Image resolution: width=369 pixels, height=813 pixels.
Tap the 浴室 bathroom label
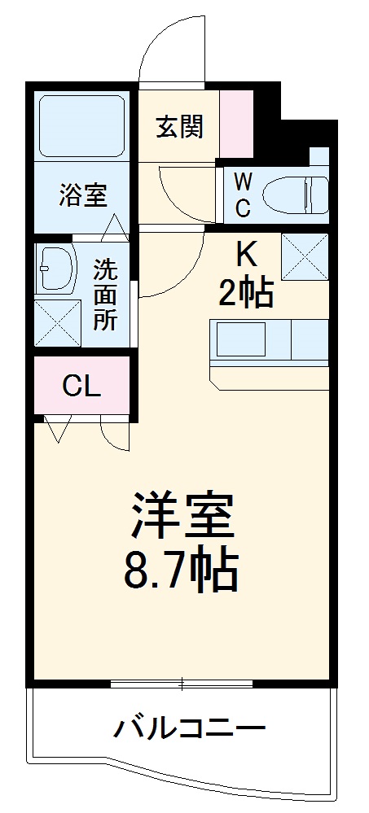(82, 195)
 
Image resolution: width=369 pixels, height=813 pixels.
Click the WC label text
(243, 194)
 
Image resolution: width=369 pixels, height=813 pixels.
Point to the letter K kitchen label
(245, 256)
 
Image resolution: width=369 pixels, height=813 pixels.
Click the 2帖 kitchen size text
(245, 293)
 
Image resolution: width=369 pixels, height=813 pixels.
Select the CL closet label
(82, 386)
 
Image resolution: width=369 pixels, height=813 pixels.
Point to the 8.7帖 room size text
(181, 572)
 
